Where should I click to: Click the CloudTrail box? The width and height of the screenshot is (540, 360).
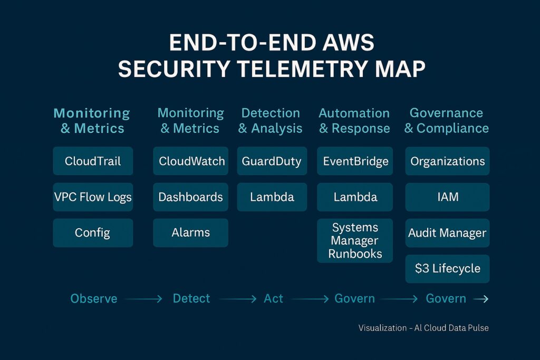click(93, 161)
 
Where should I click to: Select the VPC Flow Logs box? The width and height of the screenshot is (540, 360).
click(93, 197)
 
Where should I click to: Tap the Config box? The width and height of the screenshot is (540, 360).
click(93, 233)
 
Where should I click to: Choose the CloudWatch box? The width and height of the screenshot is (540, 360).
click(191, 161)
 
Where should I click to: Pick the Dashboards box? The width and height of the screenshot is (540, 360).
click(191, 197)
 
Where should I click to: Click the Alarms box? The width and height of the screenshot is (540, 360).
click(191, 233)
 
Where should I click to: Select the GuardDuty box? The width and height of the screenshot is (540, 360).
click(272, 161)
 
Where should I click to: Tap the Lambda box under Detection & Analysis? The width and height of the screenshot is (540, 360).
click(272, 197)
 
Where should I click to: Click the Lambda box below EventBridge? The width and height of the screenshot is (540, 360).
click(355, 197)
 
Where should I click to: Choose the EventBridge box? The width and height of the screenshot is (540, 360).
click(355, 161)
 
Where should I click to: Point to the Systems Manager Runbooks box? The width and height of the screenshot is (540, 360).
click(355, 241)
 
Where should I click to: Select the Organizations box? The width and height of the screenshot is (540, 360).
click(447, 161)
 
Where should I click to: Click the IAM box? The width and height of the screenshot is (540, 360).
click(447, 197)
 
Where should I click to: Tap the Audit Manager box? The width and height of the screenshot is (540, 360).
click(447, 233)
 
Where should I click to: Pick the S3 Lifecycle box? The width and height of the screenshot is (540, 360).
click(447, 269)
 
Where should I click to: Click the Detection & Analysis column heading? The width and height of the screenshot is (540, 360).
click(271, 121)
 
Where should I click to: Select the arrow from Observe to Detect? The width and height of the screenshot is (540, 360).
click(143, 299)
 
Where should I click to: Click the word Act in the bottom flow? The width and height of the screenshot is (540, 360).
click(273, 299)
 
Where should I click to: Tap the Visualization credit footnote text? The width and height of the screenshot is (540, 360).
click(423, 328)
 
